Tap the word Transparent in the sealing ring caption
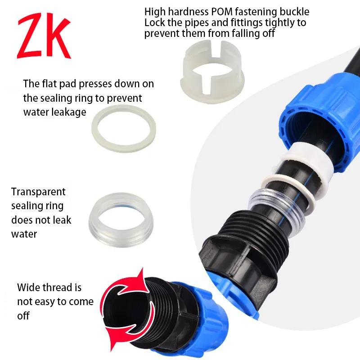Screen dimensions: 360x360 [x=38, y=192]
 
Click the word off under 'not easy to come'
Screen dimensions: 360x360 [x=23, y=316]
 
